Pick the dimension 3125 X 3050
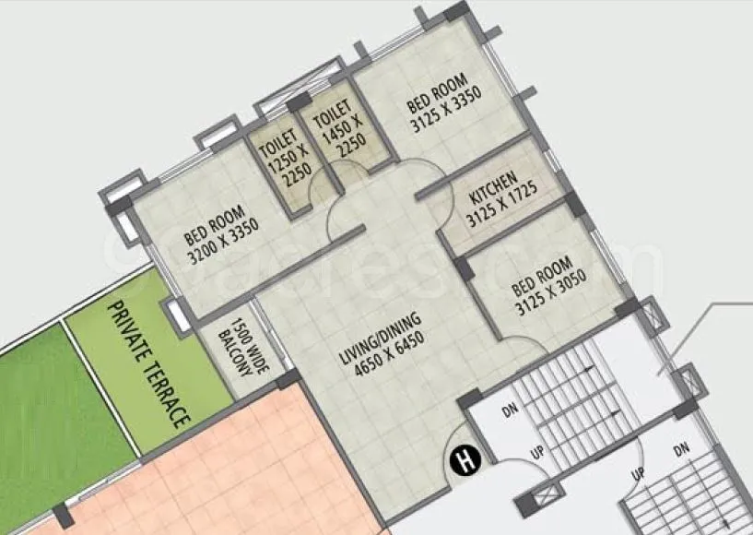coord(555,291)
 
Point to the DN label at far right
coord(680,449)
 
